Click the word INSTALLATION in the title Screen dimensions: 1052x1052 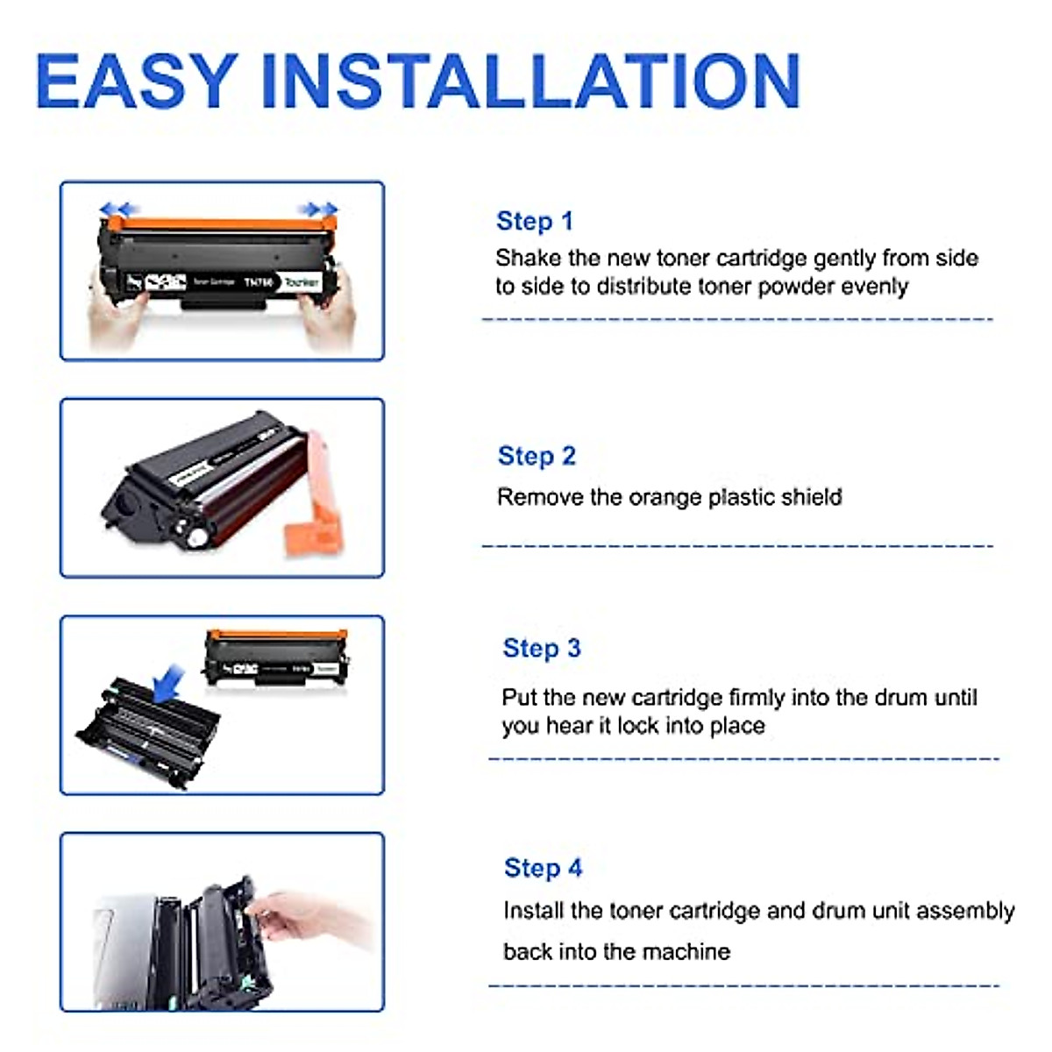(x=531, y=81)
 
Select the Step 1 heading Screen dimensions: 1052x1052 (x=534, y=221)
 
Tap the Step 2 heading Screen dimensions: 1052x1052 (x=537, y=456)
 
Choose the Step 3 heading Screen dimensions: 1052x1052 (x=542, y=648)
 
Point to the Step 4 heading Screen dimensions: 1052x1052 (x=543, y=868)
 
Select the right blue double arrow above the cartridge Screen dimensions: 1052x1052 (x=318, y=209)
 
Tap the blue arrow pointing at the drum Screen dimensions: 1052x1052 (x=168, y=683)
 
